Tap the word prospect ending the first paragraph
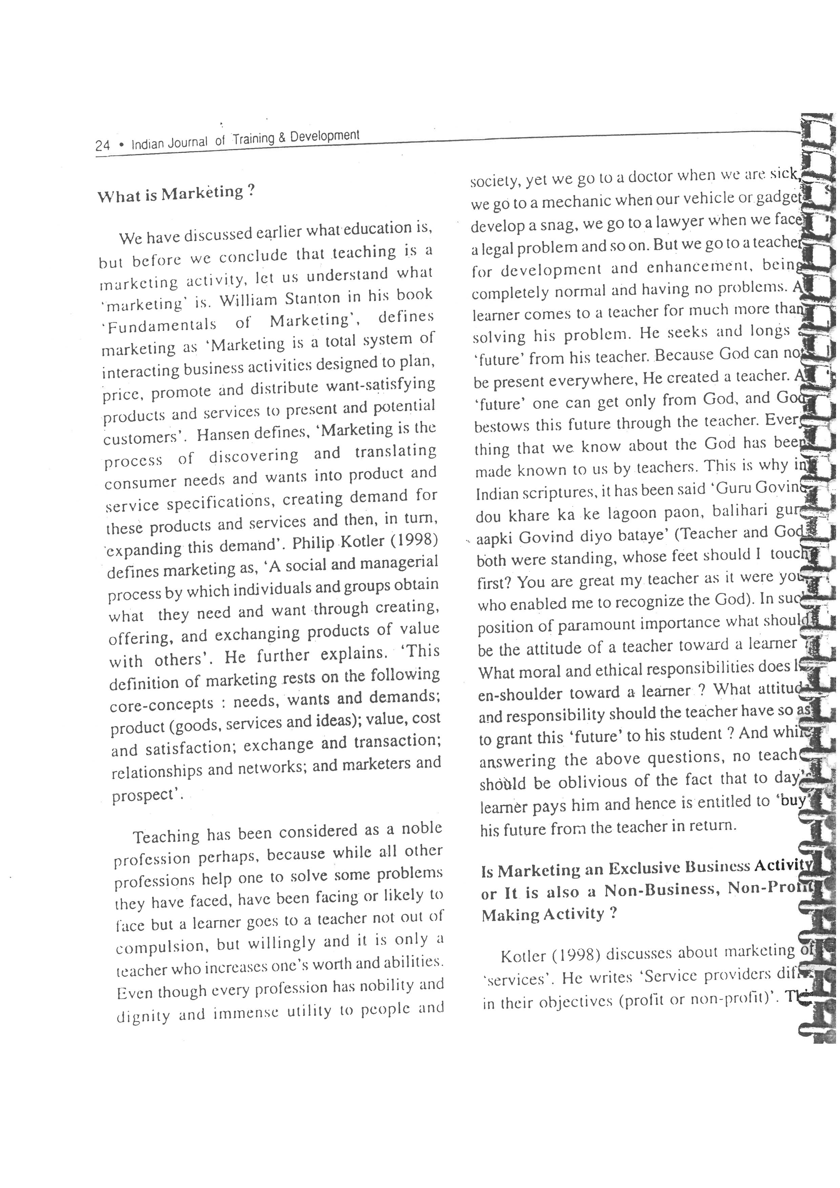click(x=145, y=795)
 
